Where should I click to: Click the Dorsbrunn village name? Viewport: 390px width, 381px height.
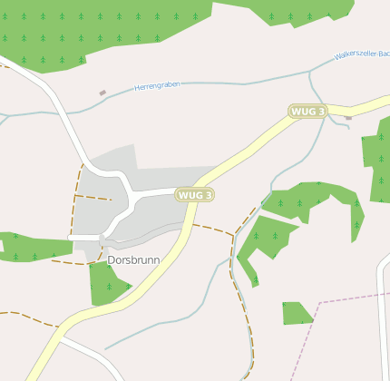(133, 259)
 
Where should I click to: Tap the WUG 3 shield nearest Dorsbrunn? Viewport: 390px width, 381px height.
(195, 195)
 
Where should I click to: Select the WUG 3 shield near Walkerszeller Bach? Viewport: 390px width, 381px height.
(307, 111)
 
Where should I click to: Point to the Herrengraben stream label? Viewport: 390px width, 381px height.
(157, 85)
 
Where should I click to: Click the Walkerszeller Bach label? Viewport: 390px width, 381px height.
(361, 54)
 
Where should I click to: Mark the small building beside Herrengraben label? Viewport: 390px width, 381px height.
(102, 93)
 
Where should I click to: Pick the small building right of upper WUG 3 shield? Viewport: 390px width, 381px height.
(348, 117)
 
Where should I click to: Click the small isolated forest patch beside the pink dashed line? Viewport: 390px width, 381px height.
(296, 313)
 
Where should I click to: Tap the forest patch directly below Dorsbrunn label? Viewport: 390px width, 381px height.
(106, 283)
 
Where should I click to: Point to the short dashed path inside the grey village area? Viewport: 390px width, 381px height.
(93, 197)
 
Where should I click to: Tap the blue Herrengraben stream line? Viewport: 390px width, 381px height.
(227, 83)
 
